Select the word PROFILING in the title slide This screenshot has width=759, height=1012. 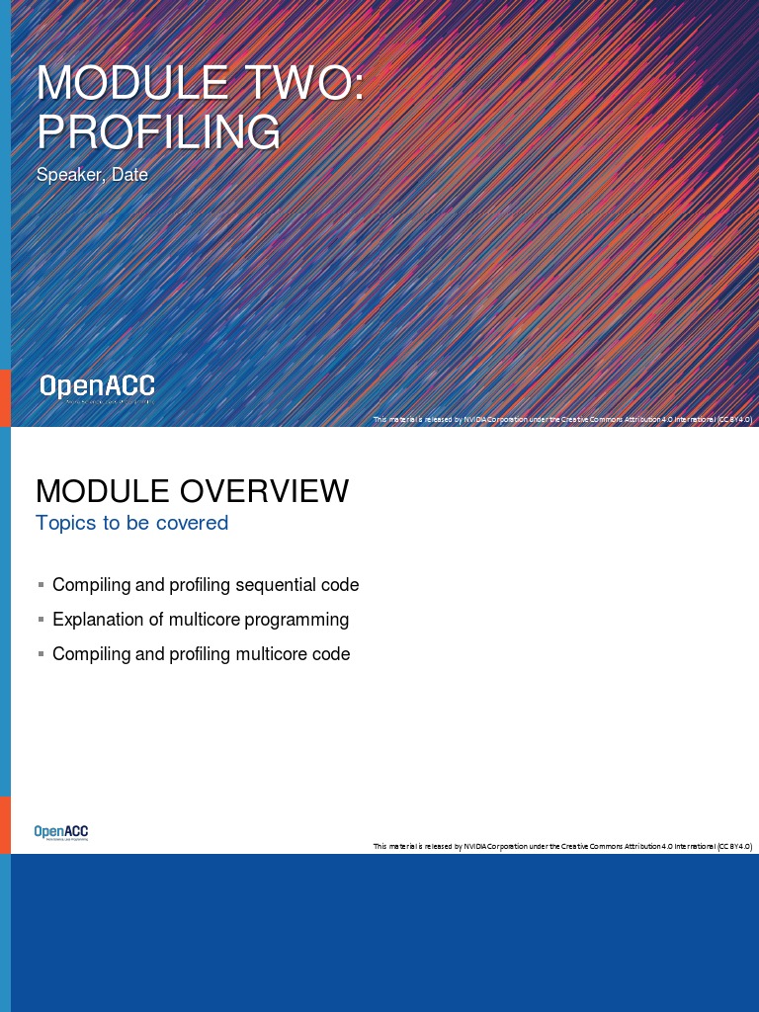click(x=158, y=131)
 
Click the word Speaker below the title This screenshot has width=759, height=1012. click(x=70, y=176)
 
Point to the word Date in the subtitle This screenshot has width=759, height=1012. click(x=129, y=176)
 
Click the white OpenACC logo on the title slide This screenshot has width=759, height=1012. click(x=97, y=387)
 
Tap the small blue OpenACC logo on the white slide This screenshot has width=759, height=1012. click(x=61, y=833)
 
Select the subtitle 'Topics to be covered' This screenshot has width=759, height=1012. click(x=131, y=523)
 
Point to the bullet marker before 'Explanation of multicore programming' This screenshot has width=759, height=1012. click(x=41, y=620)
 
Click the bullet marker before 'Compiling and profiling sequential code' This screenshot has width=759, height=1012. click(x=41, y=585)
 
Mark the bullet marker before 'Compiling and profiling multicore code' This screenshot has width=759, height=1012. click(x=41, y=654)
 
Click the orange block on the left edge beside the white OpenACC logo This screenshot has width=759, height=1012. click(x=5, y=398)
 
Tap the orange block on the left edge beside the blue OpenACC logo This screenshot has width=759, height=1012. click(x=5, y=825)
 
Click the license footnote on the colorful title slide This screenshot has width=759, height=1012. click(x=562, y=420)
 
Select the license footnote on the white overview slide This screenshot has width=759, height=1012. click(x=562, y=847)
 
